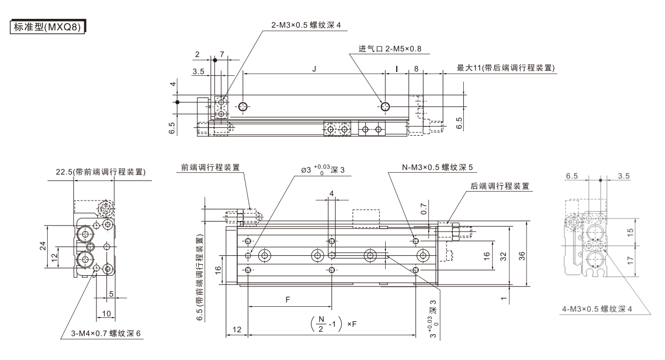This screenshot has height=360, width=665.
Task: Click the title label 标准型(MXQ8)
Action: click(x=47, y=26)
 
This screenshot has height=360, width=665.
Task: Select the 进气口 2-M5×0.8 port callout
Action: click(x=390, y=49)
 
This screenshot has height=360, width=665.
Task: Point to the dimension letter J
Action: click(x=314, y=69)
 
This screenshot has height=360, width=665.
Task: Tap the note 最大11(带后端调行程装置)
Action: click(x=506, y=68)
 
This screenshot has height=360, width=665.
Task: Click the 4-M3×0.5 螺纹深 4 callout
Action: click(x=596, y=308)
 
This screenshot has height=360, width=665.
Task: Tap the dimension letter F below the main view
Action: click(x=288, y=300)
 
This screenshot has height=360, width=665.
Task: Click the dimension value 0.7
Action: click(x=424, y=210)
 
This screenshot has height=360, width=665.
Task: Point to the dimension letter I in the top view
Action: click(x=397, y=69)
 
